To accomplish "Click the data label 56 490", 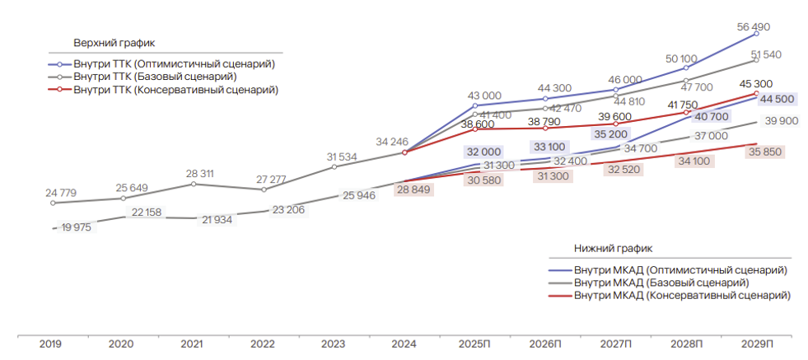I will [754, 27].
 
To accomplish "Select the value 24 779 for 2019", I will [61, 194].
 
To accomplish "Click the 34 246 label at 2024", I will [392, 142].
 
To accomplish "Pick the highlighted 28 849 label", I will [416, 189].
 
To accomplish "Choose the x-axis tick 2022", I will [262, 344].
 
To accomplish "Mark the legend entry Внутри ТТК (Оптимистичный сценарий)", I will [173, 63].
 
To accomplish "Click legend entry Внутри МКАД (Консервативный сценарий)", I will [681, 295].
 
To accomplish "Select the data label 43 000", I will [484, 96].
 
